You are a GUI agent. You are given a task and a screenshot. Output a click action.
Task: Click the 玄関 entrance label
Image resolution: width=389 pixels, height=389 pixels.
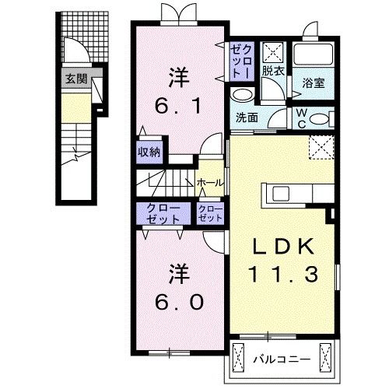click(x=75, y=78)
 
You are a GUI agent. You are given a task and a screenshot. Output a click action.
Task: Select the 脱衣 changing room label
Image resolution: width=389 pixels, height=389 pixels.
click(x=273, y=71)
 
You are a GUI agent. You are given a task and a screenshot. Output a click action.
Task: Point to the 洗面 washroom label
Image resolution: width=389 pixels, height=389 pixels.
click(x=248, y=117)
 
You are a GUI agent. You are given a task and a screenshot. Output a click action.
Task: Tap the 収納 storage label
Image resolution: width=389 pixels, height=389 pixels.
click(x=150, y=151)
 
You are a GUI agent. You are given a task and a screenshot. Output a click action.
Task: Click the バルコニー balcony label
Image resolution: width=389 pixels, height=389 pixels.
click(x=283, y=359)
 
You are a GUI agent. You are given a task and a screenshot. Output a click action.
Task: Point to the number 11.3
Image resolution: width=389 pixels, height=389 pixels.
click(x=284, y=274)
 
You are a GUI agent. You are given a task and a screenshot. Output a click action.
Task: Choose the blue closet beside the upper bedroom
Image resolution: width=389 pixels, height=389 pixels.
click(x=240, y=59)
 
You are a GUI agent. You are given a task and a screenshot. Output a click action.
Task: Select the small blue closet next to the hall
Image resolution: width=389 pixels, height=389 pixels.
click(x=211, y=214)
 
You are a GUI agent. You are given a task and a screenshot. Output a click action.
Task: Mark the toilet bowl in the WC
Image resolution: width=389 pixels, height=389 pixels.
click(x=324, y=117)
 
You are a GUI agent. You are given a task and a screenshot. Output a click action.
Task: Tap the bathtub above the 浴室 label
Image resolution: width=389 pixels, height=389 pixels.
click(x=313, y=56)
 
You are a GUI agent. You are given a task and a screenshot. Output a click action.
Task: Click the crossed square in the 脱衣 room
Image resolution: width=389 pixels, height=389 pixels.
click(x=273, y=51)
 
